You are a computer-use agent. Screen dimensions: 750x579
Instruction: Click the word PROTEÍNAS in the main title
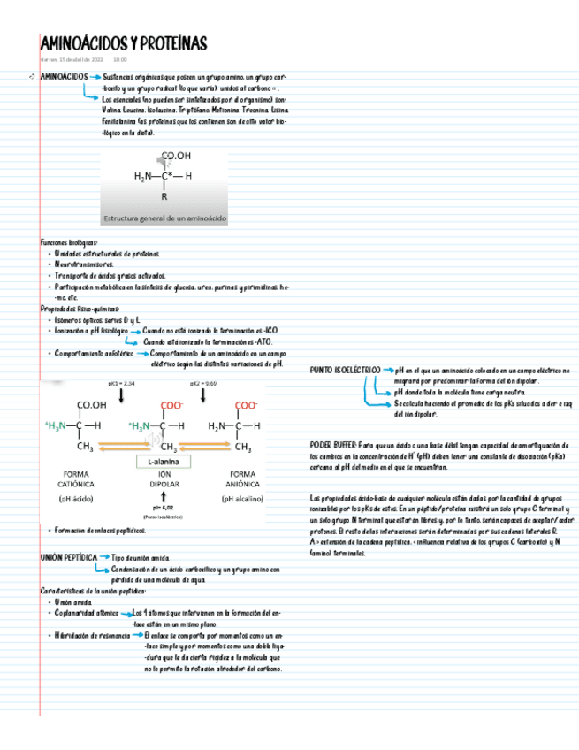pos(169,43)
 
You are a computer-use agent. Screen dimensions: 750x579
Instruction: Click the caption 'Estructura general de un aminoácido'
pos(165,217)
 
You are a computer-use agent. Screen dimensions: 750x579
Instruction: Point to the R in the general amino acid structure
pos(164,196)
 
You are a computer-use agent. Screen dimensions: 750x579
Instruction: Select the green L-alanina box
pos(164,461)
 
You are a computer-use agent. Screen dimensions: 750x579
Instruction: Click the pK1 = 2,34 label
pos(121,384)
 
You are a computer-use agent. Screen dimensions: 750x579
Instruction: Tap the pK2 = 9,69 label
pos(203,384)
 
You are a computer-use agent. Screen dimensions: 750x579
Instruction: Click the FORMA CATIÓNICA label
pos(82,478)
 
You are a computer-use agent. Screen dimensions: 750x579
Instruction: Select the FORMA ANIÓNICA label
pos(241,478)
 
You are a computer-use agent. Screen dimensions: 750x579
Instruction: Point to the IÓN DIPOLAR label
pos(164,478)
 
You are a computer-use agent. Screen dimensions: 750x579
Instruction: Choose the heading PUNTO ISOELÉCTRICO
pos(345,370)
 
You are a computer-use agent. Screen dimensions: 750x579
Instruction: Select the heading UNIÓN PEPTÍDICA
pos(69,558)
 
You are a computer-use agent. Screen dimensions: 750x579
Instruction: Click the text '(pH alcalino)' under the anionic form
pos(241,498)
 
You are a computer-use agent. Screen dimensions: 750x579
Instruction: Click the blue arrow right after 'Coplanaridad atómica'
pos(125,613)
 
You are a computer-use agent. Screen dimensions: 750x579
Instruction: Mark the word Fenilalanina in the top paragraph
pos(61,121)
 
